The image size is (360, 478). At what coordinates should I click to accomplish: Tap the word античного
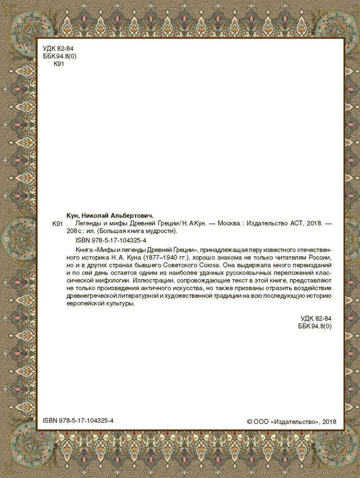pyautogui.click(x=154, y=289)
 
